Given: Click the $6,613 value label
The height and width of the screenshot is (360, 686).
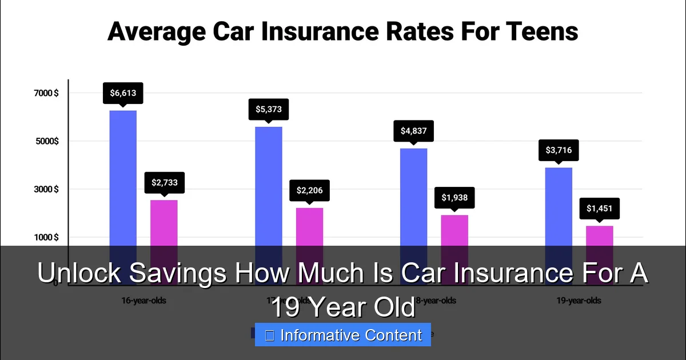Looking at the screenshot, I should [123, 93].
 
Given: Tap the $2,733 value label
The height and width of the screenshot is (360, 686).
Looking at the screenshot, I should [164, 183].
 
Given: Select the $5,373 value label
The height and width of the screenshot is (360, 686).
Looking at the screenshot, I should [269, 109].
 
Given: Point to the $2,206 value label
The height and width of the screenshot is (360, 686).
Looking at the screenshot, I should [309, 190].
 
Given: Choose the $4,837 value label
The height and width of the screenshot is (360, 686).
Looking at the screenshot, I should [413, 131].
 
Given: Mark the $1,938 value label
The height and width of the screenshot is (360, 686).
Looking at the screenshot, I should [454, 198].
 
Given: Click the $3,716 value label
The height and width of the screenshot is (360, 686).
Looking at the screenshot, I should [559, 150].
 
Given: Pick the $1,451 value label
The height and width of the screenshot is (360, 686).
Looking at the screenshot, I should [599, 209].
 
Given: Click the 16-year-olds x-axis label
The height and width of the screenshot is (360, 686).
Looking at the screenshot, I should [143, 300].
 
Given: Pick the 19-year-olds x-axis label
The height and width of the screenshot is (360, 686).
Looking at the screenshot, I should [579, 300].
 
